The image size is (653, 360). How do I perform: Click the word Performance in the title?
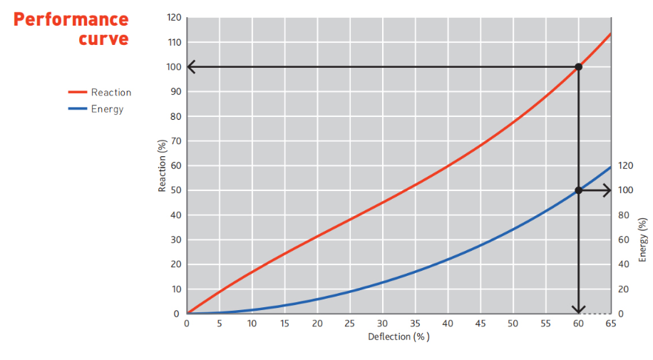[71, 19]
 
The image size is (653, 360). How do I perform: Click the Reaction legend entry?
[110, 92]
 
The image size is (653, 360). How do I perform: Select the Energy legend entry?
[107, 109]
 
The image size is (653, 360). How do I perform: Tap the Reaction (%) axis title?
[162, 166]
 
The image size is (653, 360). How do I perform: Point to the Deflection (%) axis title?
[399, 336]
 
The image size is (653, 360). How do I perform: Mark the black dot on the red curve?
[578, 67]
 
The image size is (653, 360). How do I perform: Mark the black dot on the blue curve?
[578, 190]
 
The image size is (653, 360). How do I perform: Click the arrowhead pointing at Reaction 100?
[192, 67]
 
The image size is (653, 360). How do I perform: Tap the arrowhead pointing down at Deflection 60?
[578, 309]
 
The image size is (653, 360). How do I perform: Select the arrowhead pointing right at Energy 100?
[607, 190]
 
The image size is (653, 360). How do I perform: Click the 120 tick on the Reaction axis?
[174, 17]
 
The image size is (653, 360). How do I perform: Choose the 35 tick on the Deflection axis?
[415, 324]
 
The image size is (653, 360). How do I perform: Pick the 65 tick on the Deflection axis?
[611, 324]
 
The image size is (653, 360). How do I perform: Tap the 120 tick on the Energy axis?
[625, 165]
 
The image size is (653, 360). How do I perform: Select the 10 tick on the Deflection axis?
[252, 324]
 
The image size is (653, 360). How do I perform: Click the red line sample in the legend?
[77, 92]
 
